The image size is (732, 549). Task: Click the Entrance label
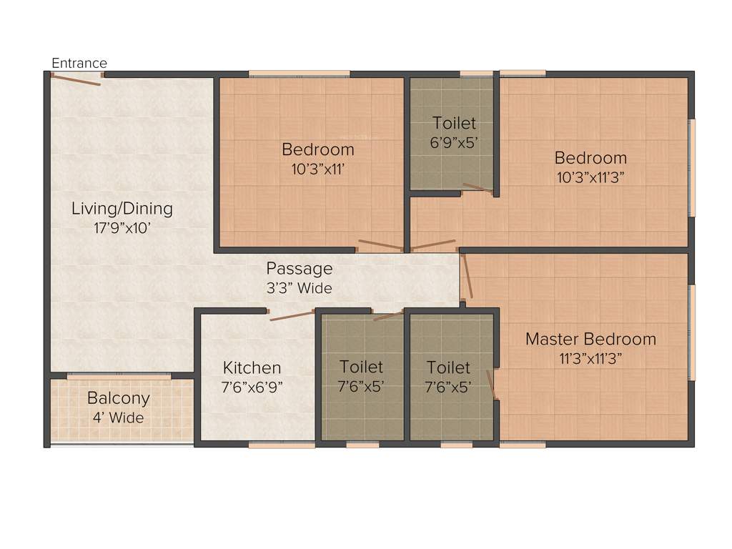point(79,64)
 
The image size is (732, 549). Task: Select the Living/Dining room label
point(122,209)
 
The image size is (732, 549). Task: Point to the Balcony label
point(119,398)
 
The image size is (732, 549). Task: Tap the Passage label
point(299,269)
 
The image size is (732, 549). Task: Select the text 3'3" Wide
point(299,289)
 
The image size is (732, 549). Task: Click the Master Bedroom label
point(590,339)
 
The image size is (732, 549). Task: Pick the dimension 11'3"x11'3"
point(590,359)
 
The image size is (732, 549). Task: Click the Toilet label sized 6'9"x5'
point(453,124)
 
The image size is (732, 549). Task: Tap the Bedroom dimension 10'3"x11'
point(317,169)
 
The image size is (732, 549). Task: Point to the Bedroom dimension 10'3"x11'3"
point(590,177)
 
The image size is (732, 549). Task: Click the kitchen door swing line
point(292,316)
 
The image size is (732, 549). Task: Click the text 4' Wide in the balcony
point(118,418)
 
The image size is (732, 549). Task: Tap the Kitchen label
point(252,367)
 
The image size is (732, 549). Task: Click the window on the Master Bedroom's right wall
point(691,332)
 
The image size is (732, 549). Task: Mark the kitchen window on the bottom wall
point(281,445)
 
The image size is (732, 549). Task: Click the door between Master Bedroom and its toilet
point(492,384)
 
